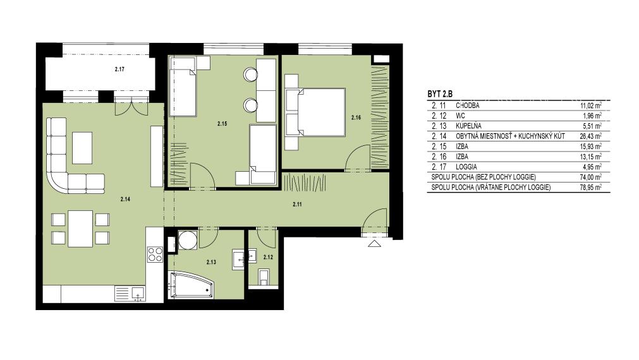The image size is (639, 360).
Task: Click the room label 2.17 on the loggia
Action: coord(119,69)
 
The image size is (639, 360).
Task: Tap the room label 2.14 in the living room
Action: coord(125,199)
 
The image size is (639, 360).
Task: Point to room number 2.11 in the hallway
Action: coord(298,205)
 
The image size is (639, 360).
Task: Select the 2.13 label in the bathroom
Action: coord(211,262)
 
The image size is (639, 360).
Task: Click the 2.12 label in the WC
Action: coord(268,257)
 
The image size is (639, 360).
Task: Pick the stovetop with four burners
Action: coord(155,255)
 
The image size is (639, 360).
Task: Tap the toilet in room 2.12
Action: coord(264,277)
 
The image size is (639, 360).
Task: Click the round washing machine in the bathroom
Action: coord(188,240)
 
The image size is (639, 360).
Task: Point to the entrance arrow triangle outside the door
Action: coord(375,244)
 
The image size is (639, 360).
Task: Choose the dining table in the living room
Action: coord(80,229)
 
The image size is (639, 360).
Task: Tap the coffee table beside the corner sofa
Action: coord(82,148)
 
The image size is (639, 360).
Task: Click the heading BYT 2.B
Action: coord(440,94)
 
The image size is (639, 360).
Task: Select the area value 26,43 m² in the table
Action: coord(591,136)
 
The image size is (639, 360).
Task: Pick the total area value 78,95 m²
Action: coord(591,188)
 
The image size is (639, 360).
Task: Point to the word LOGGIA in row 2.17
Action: coord(466,167)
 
